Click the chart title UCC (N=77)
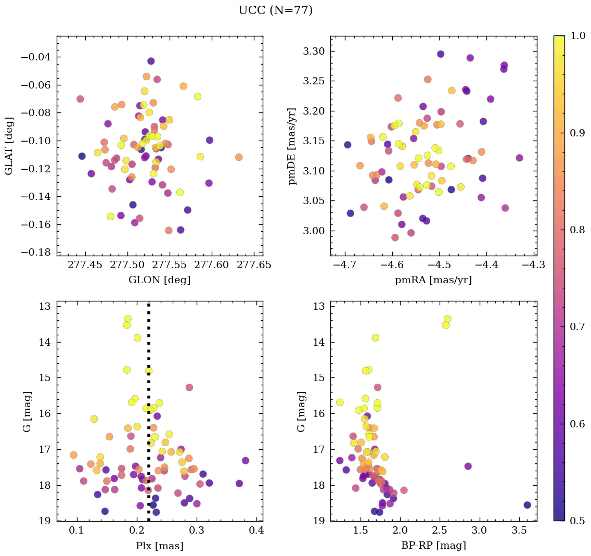coord(275,10)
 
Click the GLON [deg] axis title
coord(159,280)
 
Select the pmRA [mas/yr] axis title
coord(433,280)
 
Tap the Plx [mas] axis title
coord(159,546)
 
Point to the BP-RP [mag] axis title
coord(433,546)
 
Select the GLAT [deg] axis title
coord(9,146)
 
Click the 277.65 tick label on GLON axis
coord(254,266)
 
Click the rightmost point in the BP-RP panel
coord(527,505)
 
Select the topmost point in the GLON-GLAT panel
coord(151,61)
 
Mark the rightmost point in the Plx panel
coord(246,461)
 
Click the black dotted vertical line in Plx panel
coord(149,364)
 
